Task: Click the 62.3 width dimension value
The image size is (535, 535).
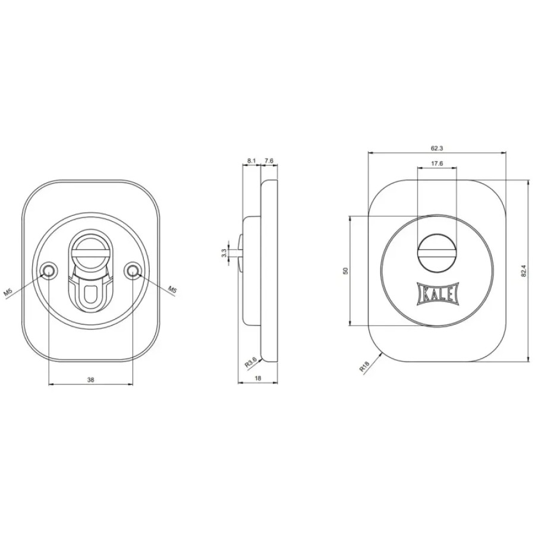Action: coord(437,148)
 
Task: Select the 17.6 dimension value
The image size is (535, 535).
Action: coord(437,163)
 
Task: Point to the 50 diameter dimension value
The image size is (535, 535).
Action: coord(345,271)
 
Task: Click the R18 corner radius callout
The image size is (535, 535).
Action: coord(364,367)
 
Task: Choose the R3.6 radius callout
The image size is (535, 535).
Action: coord(250,363)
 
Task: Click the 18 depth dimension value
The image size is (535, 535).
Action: coord(258,378)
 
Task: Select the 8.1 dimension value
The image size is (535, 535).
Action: coord(251,160)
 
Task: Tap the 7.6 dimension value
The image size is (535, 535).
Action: coord(269,160)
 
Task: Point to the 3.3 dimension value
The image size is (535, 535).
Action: coord(224,253)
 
